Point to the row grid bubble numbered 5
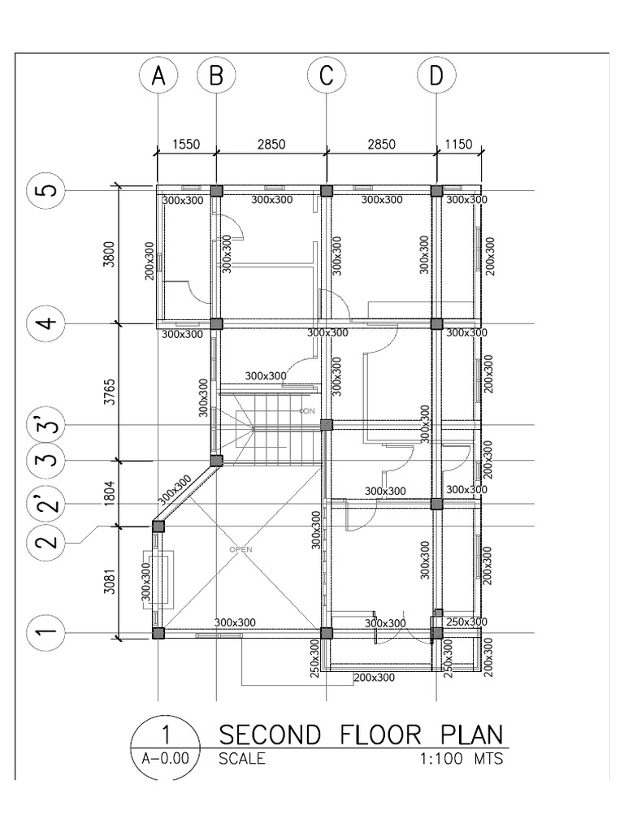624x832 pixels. tap(47, 191)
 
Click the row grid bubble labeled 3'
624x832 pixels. tap(47, 426)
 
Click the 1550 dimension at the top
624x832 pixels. tap(186, 144)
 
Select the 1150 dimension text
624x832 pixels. tap(459, 144)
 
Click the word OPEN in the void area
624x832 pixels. tap(241, 549)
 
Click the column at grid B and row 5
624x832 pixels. tap(216, 191)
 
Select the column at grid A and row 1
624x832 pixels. tap(158, 633)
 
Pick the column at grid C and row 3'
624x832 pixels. tap(326, 424)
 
